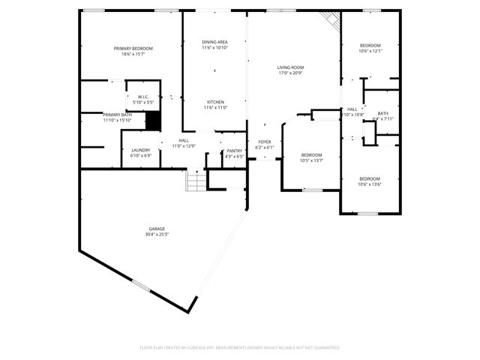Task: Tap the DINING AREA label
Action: click(214, 42)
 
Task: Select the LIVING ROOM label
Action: click(290, 67)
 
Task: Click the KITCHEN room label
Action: click(214, 102)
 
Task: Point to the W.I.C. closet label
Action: click(143, 97)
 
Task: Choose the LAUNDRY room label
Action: click(141, 151)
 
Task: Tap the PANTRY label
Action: click(235, 151)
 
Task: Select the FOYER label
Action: click(265, 142)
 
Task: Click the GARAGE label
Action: click(157, 229)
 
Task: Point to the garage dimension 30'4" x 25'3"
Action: click(157, 235)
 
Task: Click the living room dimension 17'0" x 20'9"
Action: click(290, 73)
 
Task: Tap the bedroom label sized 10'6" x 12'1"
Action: click(370, 46)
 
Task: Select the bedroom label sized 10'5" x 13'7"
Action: click(311, 154)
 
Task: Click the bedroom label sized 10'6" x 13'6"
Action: click(370, 178)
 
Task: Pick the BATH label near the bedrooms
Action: click(382, 113)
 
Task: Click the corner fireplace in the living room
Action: click(330, 20)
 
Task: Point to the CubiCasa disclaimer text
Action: click(240, 347)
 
